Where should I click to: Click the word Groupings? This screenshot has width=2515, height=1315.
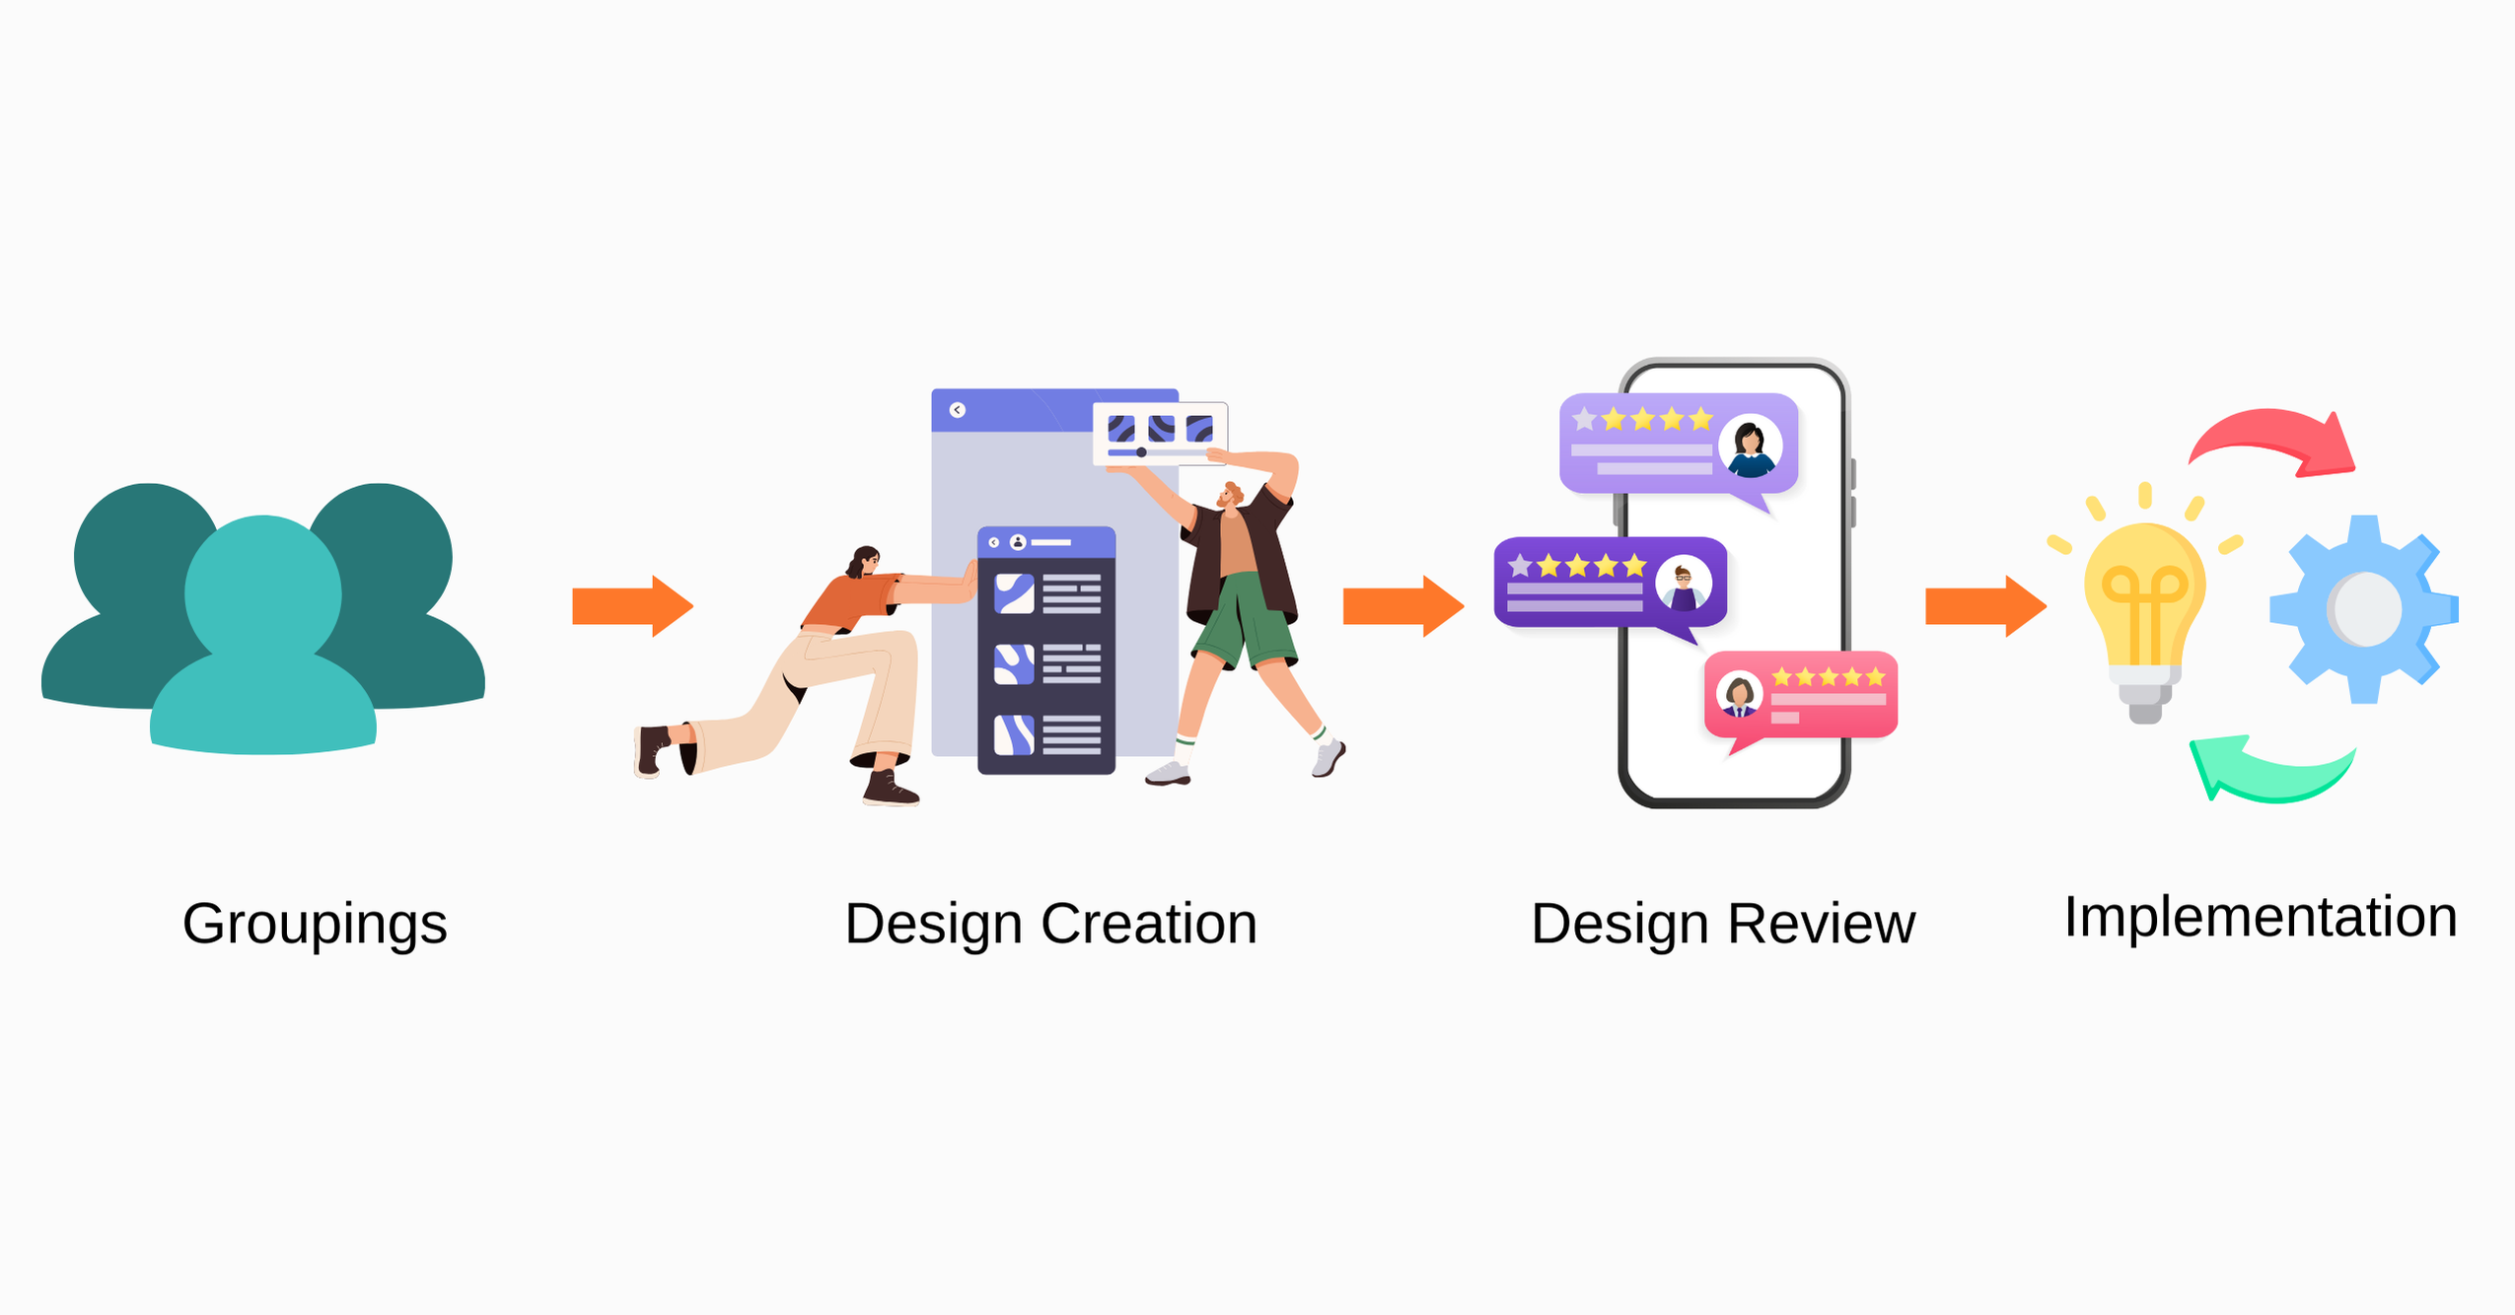click(x=315, y=924)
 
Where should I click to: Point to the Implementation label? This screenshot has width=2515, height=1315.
click(x=2260, y=917)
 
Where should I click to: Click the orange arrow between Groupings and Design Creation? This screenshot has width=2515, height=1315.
click(x=632, y=606)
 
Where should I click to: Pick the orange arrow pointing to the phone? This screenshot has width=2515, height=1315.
click(x=1402, y=606)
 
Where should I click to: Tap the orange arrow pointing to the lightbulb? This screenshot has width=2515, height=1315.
click(x=1984, y=606)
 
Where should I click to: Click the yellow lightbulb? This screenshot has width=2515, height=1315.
click(x=2144, y=611)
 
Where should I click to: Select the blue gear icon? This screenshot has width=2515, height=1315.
click(x=2363, y=609)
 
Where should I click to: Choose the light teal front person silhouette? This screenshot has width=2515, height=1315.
click(x=263, y=641)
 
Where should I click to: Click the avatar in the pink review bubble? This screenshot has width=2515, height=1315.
click(x=1740, y=694)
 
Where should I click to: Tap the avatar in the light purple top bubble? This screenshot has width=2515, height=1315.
click(x=1750, y=446)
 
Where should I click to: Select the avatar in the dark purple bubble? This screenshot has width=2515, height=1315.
click(x=1683, y=585)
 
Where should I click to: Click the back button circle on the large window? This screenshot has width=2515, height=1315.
click(x=957, y=410)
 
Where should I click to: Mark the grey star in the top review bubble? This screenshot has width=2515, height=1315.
click(x=1584, y=420)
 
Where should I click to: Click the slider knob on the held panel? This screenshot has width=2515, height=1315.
click(x=1141, y=452)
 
